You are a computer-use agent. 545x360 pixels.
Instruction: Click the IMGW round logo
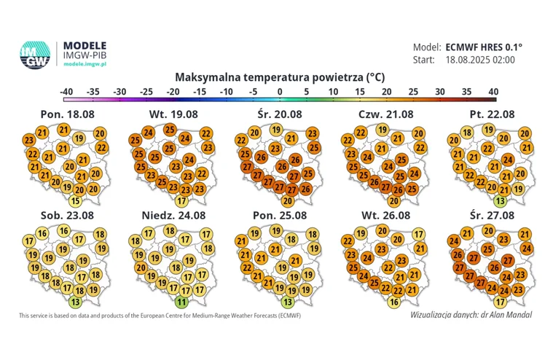coord(34,55)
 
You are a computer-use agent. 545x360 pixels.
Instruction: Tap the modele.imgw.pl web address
coord(86,64)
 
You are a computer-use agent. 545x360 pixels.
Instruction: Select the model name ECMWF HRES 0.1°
coord(480,46)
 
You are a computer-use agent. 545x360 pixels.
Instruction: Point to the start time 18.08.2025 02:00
coord(479,60)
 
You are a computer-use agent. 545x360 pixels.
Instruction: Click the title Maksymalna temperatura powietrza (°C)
coord(281,77)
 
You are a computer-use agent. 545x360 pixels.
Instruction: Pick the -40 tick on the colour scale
coord(66,92)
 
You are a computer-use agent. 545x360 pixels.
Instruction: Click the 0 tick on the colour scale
coord(280,92)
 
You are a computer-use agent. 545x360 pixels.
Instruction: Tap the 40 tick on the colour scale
coord(493,92)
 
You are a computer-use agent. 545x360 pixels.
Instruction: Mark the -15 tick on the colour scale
coord(200,92)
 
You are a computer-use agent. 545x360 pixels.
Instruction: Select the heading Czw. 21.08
coord(385,114)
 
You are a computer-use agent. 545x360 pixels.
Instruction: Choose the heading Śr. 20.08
coord(279,114)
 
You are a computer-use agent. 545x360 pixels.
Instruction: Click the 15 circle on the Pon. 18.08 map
coord(74,201)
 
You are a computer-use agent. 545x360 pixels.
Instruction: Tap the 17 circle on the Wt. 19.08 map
coord(181,201)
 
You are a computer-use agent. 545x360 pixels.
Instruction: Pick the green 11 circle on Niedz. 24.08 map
coord(181,302)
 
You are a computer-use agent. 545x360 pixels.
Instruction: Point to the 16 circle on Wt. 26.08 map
coord(394,302)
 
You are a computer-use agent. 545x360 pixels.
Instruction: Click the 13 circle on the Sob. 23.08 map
coord(74,302)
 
